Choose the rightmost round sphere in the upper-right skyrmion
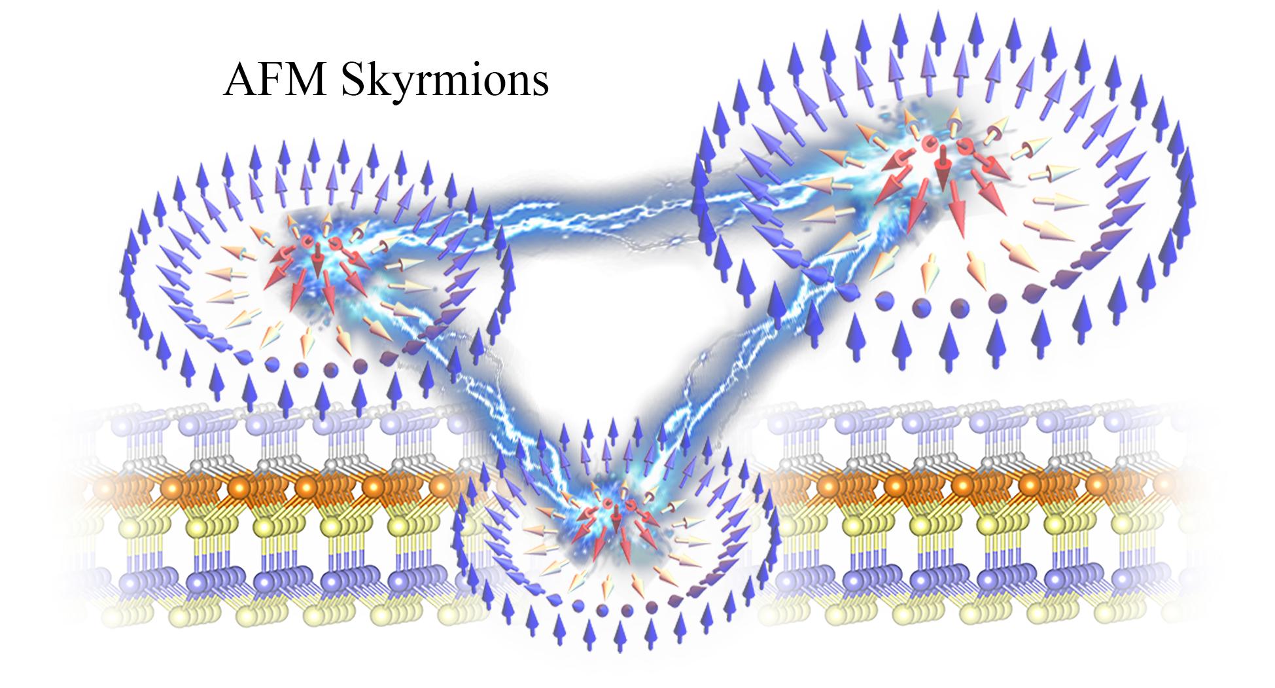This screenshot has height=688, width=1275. (996, 302)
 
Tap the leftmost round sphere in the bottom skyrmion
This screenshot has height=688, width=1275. (578, 606)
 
